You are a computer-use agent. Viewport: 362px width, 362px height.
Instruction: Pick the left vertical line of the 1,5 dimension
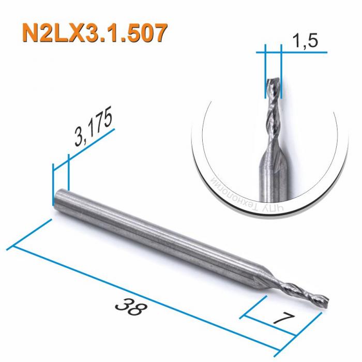(x=264, y=72)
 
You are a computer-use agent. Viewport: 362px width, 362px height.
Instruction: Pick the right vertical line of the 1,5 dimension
(x=281, y=72)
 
